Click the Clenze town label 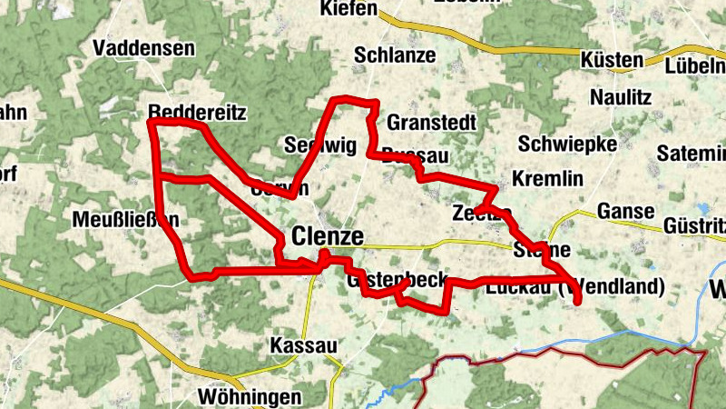click(x=328, y=237)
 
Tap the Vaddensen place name click(x=143, y=49)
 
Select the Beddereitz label click(x=197, y=112)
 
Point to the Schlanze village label click(x=396, y=55)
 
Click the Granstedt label click(x=431, y=122)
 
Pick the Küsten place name click(x=613, y=61)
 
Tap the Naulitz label click(x=622, y=96)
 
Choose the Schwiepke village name click(x=567, y=144)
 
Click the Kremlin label click(x=547, y=179)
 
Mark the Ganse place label click(x=626, y=212)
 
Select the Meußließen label click(x=125, y=220)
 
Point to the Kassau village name click(x=303, y=346)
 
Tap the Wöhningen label click(x=249, y=397)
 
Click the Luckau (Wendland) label click(x=575, y=288)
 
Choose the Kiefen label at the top click(x=348, y=9)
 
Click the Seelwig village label click(x=316, y=145)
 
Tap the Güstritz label click(x=695, y=224)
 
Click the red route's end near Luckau click(x=578, y=301)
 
